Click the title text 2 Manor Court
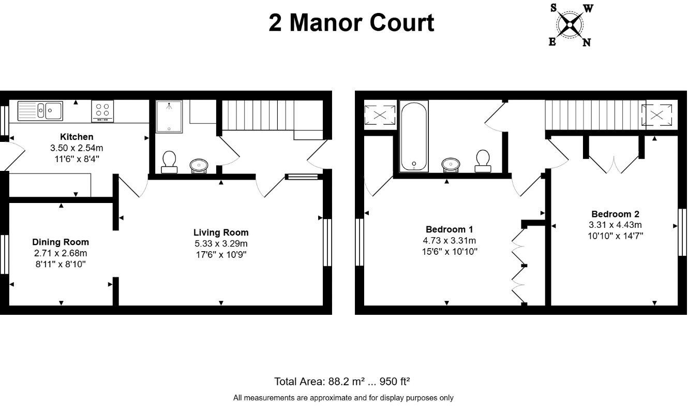pyautogui.click(x=351, y=23)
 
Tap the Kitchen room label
pyautogui.click(x=77, y=137)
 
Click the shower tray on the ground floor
pyautogui.click(x=169, y=117)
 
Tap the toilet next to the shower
pyautogui.click(x=169, y=161)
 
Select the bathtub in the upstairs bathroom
pyautogui.click(x=414, y=136)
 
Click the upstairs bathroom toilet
pyautogui.click(x=483, y=160)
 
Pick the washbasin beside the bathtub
pyautogui.click(x=451, y=164)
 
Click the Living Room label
pyautogui.click(x=221, y=233)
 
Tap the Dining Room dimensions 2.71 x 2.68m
pyautogui.click(x=61, y=253)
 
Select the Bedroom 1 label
pyautogui.click(x=449, y=229)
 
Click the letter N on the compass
pyautogui.click(x=587, y=42)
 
